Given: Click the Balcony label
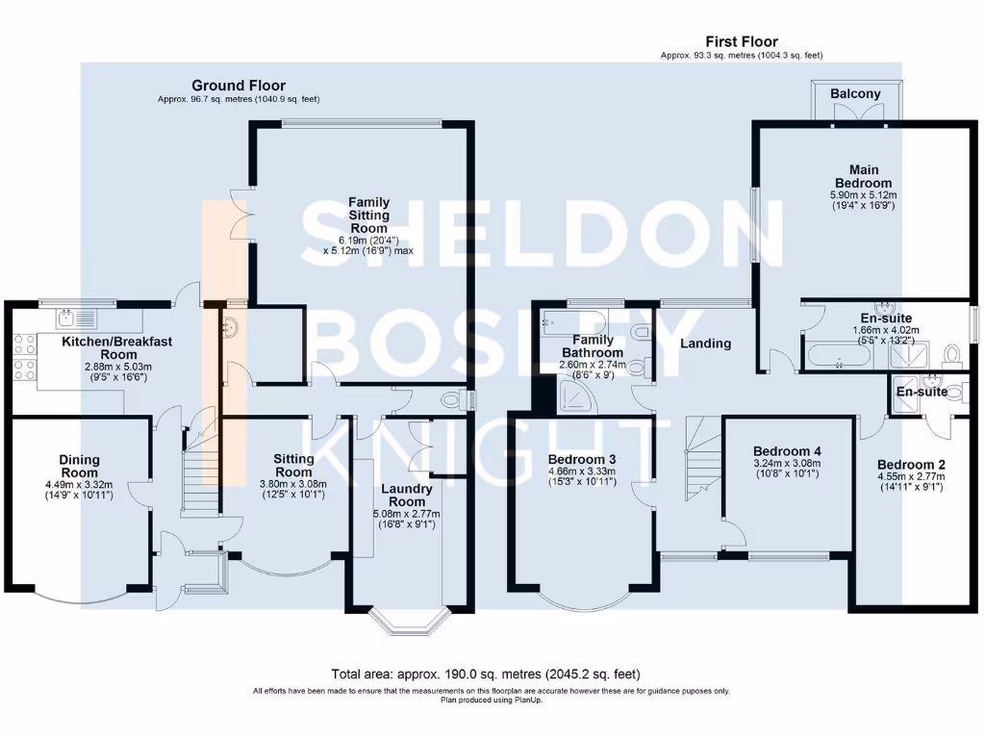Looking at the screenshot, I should click(x=855, y=93).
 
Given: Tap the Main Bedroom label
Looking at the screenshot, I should click(x=863, y=176).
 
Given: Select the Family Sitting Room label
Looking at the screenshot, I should click(x=368, y=216).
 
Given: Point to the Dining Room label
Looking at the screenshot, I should click(x=79, y=466).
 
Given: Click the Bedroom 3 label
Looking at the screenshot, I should click(x=581, y=458).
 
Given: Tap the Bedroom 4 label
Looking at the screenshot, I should click(x=787, y=451).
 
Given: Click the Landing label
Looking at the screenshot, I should click(x=705, y=344).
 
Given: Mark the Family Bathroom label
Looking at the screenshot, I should click(x=594, y=346).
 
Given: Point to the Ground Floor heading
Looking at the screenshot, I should click(x=238, y=86).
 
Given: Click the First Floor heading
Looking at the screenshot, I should click(x=741, y=41).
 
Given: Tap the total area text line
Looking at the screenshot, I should click(x=485, y=674).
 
